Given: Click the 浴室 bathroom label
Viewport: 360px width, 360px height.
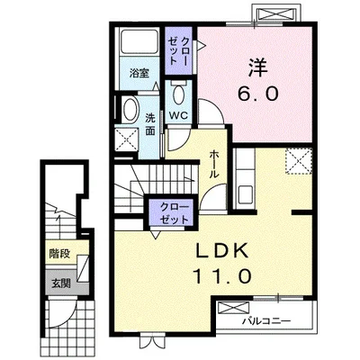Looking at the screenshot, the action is (x=139, y=74).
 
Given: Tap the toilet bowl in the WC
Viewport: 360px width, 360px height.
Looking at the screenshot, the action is (x=179, y=94).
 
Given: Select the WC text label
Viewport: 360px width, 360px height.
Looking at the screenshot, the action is (x=178, y=115).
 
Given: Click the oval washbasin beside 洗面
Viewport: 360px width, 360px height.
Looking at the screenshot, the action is (x=130, y=110).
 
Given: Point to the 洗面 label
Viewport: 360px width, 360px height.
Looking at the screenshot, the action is (x=150, y=124).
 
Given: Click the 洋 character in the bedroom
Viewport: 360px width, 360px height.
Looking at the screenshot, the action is (x=257, y=67).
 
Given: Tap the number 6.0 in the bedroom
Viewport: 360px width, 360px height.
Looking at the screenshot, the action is (x=258, y=94).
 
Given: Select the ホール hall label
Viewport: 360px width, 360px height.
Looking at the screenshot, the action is (x=213, y=165).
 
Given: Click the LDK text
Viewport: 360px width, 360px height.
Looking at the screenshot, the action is (x=222, y=251).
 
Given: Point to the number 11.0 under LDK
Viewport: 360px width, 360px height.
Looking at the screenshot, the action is (x=222, y=276).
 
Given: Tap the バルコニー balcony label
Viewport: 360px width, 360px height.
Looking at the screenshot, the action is (x=266, y=321).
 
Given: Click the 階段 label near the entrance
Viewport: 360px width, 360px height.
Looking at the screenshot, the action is (x=60, y=254).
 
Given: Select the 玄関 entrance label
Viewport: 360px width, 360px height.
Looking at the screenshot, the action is (x=61, y=283).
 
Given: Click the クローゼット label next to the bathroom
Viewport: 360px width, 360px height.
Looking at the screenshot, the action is (x=178, y=51).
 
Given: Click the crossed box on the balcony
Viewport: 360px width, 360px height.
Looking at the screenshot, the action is (x=233, y=308).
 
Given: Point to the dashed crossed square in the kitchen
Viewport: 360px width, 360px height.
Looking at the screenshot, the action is (x=299, y=161).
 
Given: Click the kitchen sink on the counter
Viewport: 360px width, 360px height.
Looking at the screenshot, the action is (x=245, y=194).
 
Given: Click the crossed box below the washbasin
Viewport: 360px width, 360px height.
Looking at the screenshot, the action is (x=127, y=139).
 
